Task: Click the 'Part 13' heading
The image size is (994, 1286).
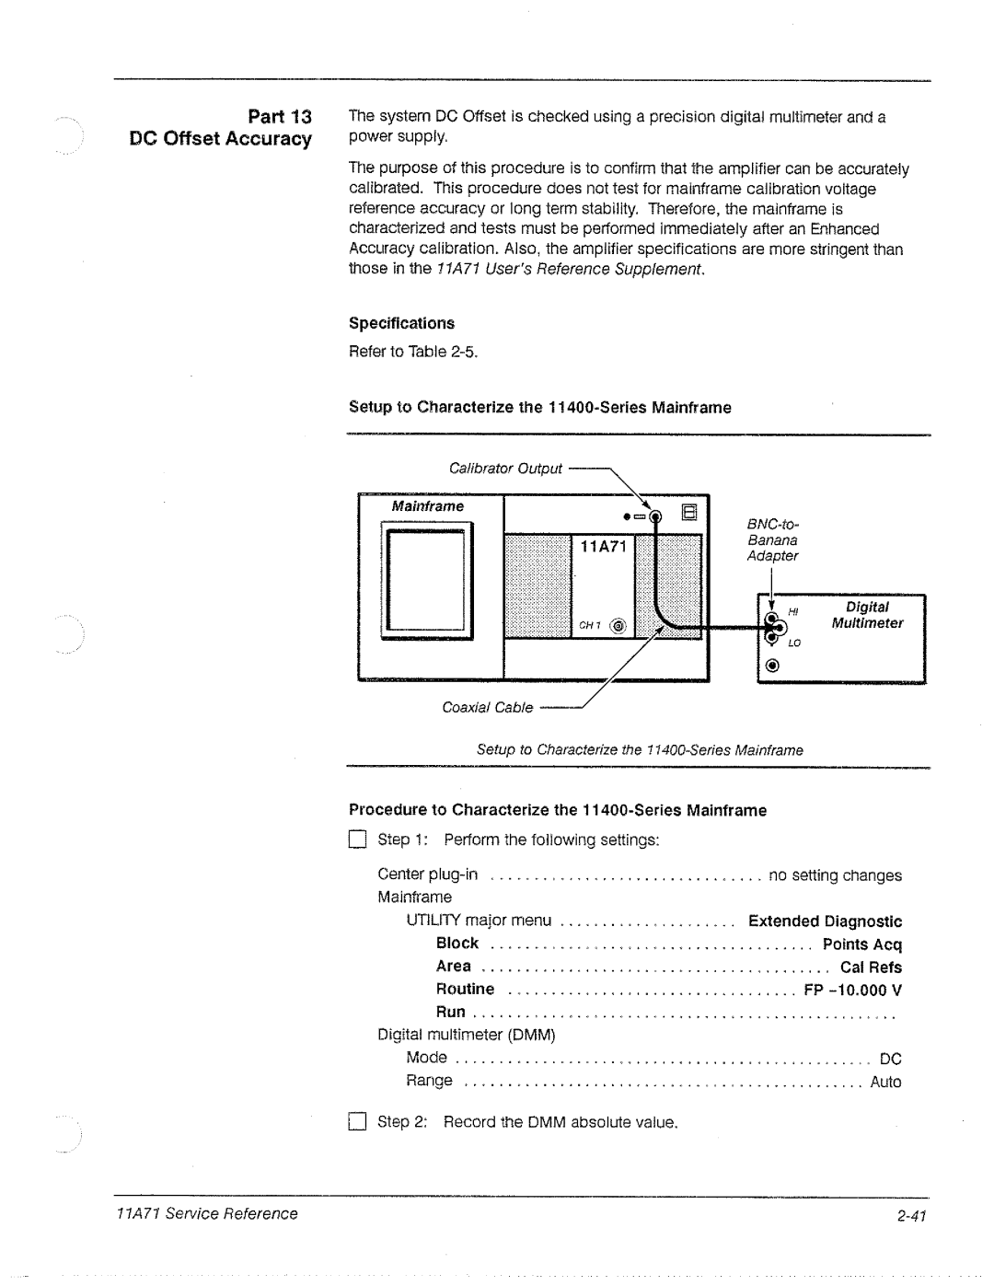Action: [280, 116]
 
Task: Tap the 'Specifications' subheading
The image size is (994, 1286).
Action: [401, 323]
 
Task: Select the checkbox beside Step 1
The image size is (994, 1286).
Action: [358, 840]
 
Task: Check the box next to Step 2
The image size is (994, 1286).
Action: [358, 1122]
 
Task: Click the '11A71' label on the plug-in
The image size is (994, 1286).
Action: [603, 547]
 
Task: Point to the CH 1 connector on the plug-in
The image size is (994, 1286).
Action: [617, 626]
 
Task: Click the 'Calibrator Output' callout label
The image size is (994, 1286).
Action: [505, 469]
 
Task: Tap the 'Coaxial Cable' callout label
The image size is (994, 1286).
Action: [487, 708]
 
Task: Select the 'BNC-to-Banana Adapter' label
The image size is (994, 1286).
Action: [773, 539]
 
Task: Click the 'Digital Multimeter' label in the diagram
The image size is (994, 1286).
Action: [867, 615]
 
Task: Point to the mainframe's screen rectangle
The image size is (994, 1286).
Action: [425, 580]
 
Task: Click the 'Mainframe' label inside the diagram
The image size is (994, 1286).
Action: [428, 506]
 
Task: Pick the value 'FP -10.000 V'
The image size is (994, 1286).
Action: [852, 991]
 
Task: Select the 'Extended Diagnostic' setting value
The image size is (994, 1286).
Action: [825, 921]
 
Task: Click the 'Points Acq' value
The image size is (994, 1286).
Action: [862, 944]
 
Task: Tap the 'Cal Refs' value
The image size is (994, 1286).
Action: [871, 967]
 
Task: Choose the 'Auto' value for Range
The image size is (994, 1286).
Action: [885, 1083]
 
